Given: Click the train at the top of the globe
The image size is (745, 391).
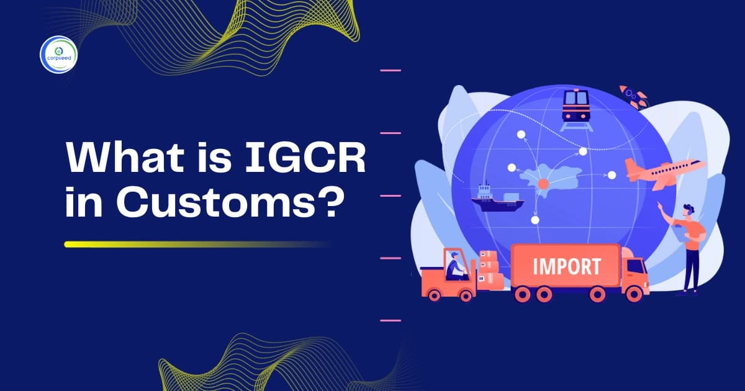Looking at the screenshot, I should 576,106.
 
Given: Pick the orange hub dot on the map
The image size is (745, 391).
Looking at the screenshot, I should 543,184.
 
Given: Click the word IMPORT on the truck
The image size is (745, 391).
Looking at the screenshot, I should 566,267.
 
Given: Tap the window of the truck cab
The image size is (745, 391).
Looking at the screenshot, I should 634,266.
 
